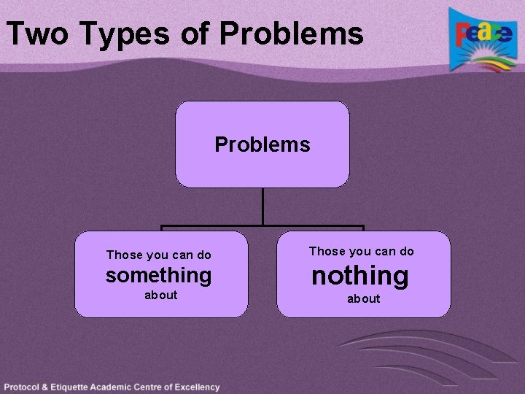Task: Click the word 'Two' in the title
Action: [x=36, y=34]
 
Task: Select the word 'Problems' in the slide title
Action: [x=291, y=34]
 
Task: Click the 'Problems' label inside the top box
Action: [x=262, y=144]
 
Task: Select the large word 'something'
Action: [x=158, y=275]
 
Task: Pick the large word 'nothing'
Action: [x=360, y=276]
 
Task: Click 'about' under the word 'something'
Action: [x=160, y=295]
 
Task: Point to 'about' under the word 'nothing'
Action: [x=363, y=298]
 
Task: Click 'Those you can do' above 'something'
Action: [x=158, y=255]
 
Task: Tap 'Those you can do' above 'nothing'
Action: [x=361, y=251]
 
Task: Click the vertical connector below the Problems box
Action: [x=262, y=206]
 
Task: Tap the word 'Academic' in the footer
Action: [x=121, y=387]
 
